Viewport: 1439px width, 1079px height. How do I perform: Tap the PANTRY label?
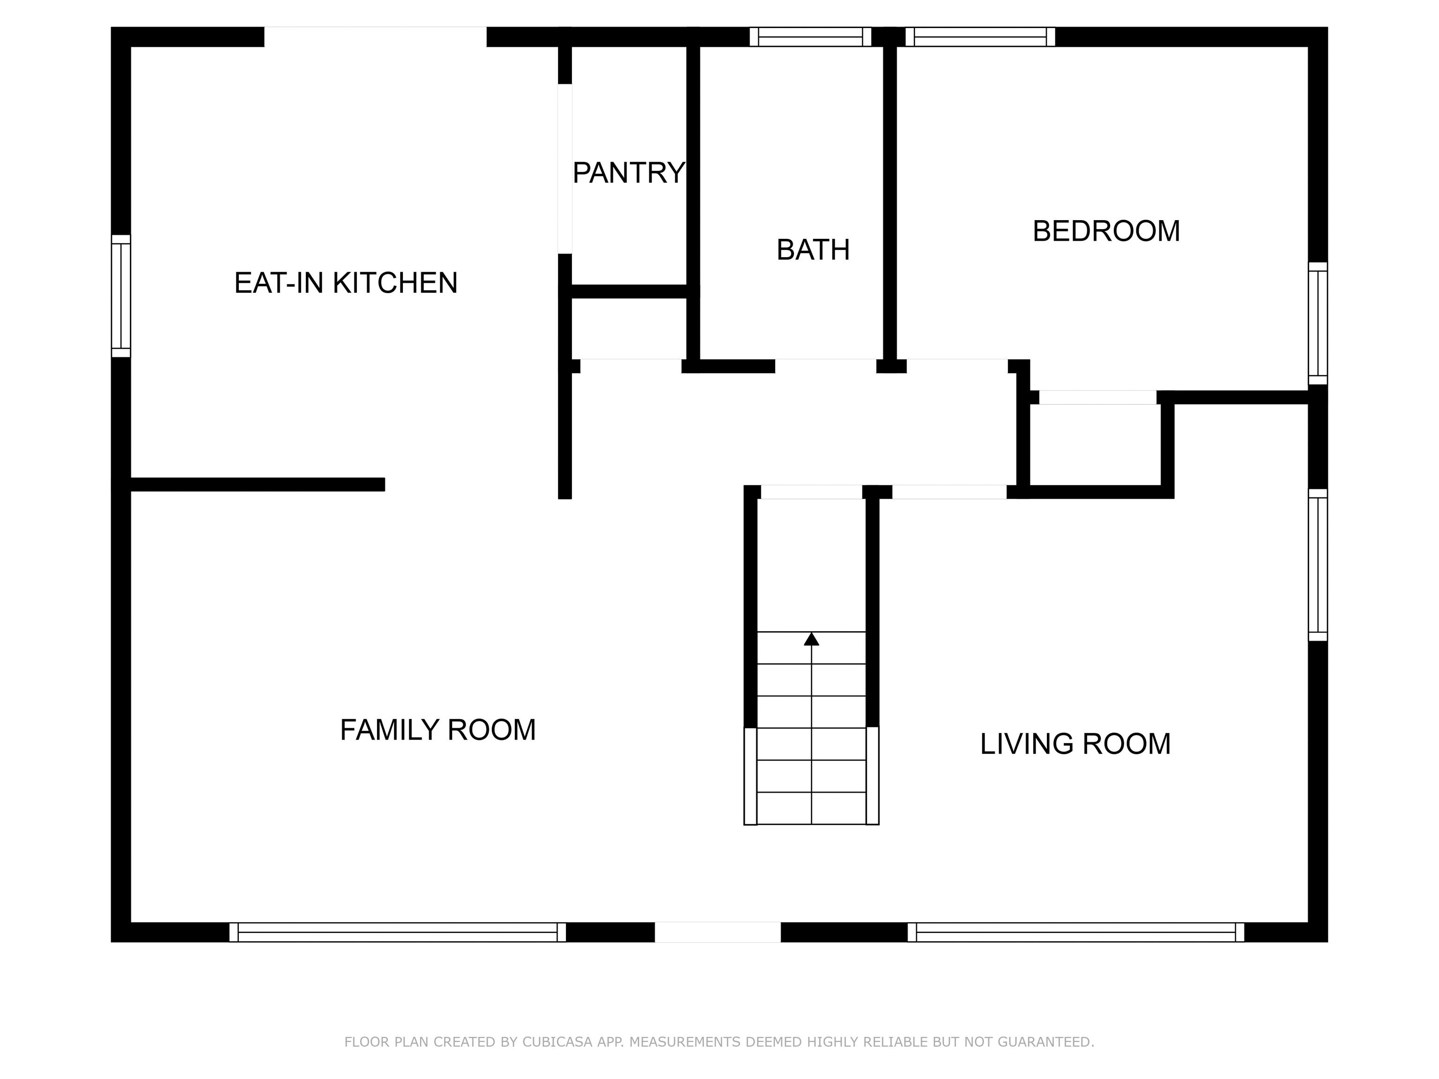[x=629, y=173]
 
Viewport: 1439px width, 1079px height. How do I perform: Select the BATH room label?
[x=813, y=250]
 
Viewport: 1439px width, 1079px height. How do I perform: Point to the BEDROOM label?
[x=1106, y=231]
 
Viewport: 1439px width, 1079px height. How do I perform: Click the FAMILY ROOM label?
[x=438, y=730]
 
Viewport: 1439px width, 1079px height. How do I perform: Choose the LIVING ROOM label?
[x=1076, y=744]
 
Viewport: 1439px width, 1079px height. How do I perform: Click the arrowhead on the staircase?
[x=811, y=639]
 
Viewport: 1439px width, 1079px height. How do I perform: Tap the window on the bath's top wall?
[x=810, y=37]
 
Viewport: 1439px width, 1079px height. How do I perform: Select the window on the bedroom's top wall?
[x=980, y=37]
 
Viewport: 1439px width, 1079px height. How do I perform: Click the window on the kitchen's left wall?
[x=121, y=296]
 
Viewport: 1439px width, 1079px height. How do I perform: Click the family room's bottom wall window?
[x=398, y=932]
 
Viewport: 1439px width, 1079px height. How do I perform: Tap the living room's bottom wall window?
[x=1076, y=932]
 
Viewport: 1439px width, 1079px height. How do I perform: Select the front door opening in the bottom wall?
[x=718, y=932]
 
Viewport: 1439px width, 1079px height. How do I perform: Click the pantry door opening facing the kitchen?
[x=564, y=169]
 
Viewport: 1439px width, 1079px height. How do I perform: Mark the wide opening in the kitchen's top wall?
[x=375, y=37]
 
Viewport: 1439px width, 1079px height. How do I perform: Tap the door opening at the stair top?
[x=812, y=492]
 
